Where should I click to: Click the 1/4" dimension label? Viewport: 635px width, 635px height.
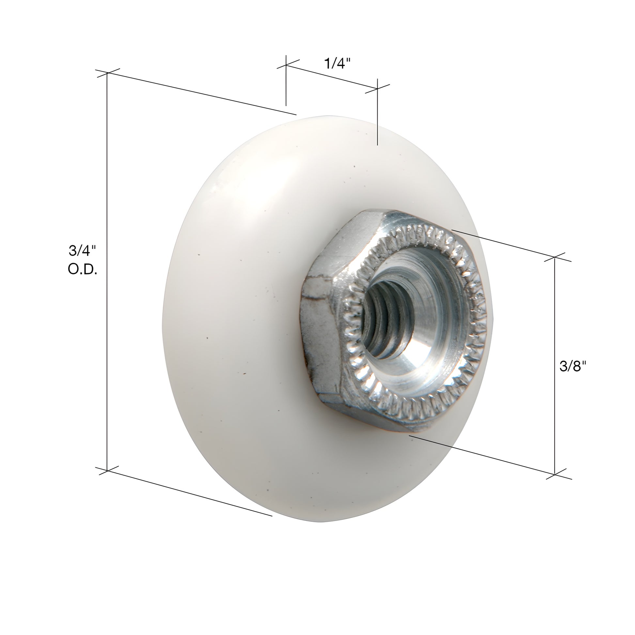[337, 63]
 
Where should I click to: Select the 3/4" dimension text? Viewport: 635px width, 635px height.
[82, 251]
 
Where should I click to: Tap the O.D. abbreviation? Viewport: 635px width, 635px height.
[82, 270]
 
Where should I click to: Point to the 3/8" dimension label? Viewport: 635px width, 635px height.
[573, 366]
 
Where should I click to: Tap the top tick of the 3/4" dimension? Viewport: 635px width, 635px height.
[107, 73]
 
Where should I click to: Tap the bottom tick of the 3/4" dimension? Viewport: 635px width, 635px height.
[107, 471]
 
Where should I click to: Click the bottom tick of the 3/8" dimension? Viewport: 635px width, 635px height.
[555, 474]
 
